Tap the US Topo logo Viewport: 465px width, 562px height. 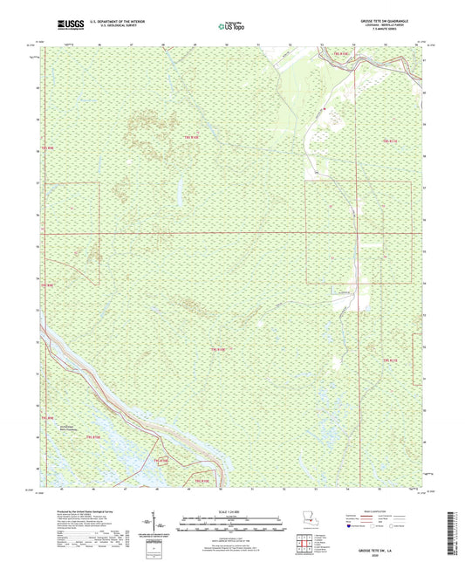pos(232,27)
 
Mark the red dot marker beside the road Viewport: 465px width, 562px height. pos(324,108)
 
